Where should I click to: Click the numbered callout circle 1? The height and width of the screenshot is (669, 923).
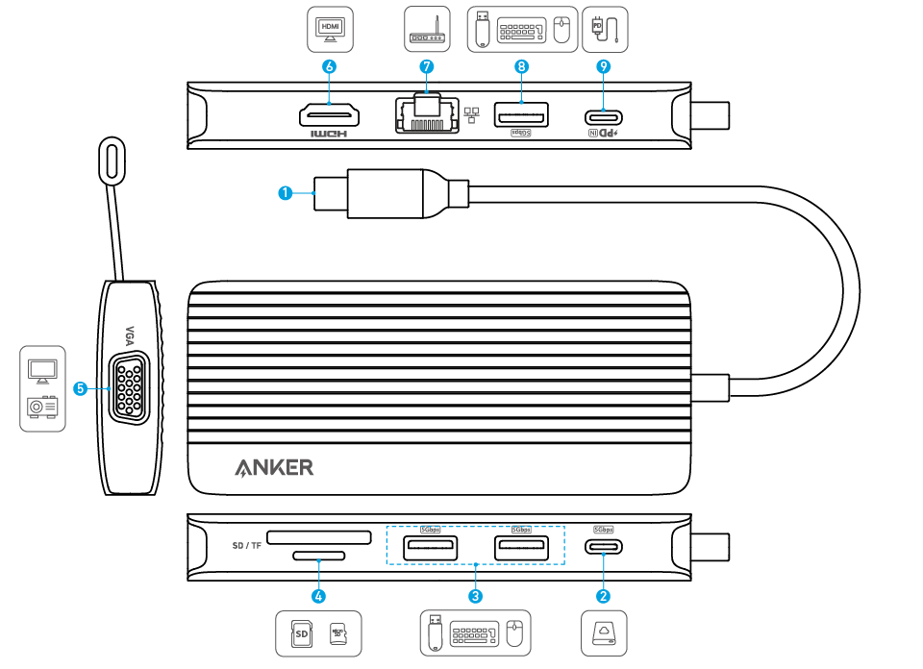pos(285,193)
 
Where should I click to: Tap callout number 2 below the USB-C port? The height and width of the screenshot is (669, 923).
pos(603,596)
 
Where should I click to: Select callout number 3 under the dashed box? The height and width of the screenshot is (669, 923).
pos(475,596)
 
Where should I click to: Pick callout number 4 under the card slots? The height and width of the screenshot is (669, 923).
pos(318,596)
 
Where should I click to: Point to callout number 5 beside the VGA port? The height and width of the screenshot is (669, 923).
pos(81,388)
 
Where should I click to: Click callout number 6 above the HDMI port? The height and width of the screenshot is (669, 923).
pos(330,66)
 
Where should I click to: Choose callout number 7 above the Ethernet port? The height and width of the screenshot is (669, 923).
pos(427,66)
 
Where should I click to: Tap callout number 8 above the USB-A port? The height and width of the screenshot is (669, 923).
pos(521,66)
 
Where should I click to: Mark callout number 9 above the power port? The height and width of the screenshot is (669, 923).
pos(603,66)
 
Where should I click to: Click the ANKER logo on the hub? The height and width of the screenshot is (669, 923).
pos(274,468)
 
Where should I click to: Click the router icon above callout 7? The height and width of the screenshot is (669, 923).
pos(427,29)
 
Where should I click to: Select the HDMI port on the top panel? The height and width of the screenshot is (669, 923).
pos(330,116)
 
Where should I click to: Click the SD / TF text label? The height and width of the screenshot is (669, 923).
pos(247,545)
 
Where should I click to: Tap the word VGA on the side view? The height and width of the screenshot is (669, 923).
pos(132,335)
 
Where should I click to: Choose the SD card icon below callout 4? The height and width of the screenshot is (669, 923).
pos(301,633)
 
